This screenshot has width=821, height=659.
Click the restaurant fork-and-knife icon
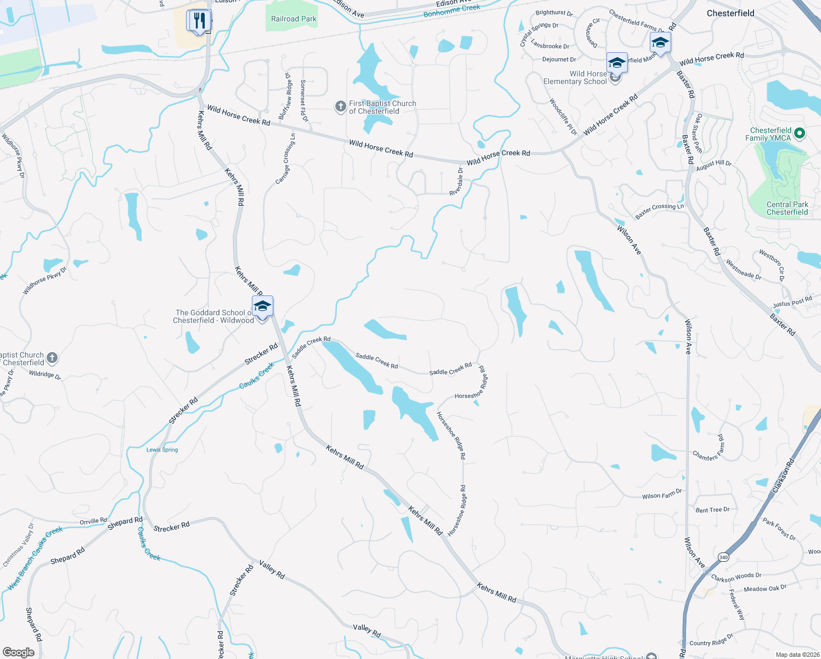(x=199, y=21)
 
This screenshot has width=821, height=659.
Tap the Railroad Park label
(x=294, y=19)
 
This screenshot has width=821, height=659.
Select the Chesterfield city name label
(x=730, y=13)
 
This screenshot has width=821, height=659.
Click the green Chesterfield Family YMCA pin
(x=800, y=133)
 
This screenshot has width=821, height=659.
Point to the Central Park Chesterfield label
(x=787, y=208)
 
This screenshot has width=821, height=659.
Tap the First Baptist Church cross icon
(x=341, y=106)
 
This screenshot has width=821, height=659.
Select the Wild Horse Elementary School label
(x=575, y=77)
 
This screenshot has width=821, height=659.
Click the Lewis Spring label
(x=162, y=450)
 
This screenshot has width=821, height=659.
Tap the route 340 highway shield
(x=723, y=557)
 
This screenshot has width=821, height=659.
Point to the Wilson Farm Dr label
(x=662, y=495)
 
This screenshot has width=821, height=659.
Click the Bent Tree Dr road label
(x=712, y=510)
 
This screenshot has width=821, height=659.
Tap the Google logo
(x=18, y=652)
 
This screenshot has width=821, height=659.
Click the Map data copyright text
(x=797, y=655)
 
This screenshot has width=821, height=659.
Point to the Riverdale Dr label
(x=457, y=182)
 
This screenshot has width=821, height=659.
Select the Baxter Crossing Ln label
(x=659, y=211)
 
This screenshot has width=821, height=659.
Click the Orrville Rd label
(x=93, y=521)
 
